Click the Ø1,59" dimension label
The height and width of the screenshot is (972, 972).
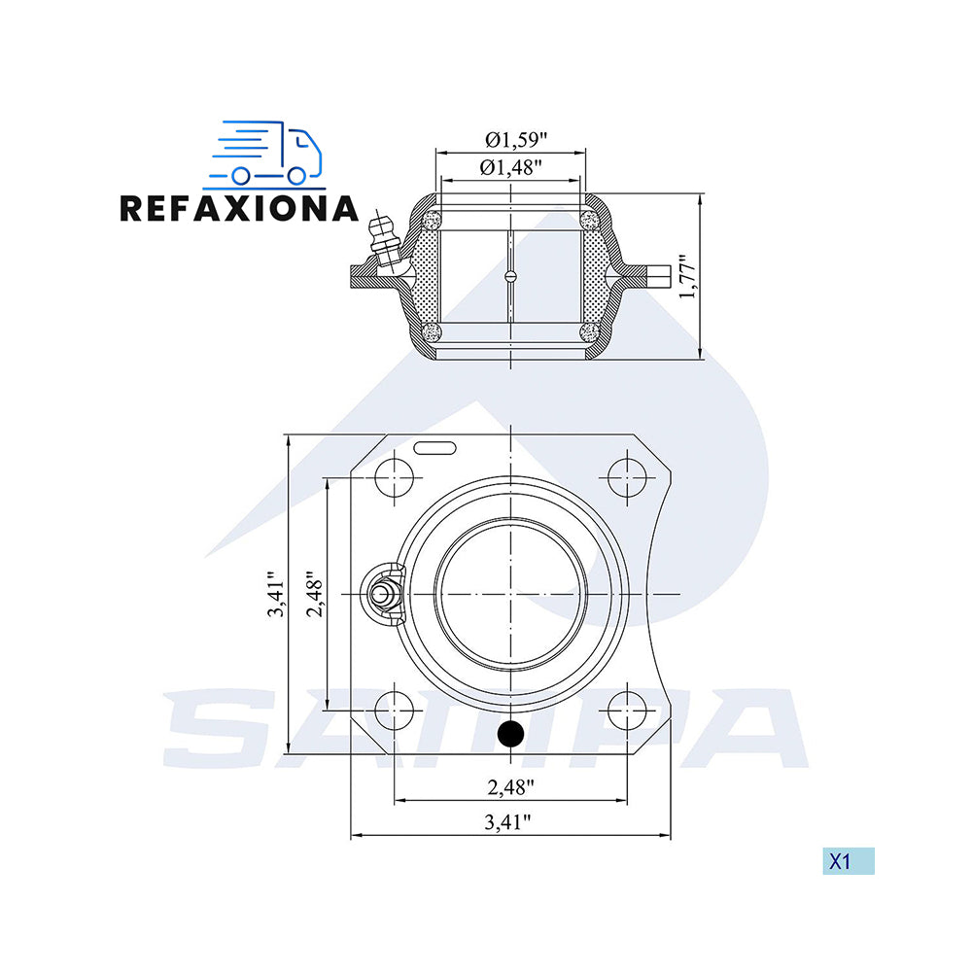pos(516,139)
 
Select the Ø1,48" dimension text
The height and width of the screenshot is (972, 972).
pos(511,167)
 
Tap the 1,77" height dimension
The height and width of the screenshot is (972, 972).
pos(687,276)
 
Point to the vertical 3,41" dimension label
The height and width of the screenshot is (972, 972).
pos(275,594)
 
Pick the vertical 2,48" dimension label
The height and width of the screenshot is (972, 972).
pos(315,594)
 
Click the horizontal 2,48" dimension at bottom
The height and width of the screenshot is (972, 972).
pos(511,786)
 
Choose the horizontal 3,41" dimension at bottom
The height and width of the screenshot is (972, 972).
pos(507,821)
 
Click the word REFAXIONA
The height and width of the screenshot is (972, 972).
pos(239,208)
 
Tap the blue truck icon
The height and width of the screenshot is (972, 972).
pos(266,154)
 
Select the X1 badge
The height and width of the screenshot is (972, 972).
pos(848,861)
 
